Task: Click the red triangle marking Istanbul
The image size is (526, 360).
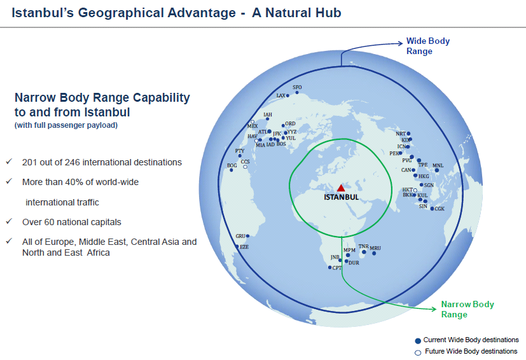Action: pyautogui.click(x=341, y=188)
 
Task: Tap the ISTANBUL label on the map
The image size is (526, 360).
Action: pyautogui.click(x=341, y=197)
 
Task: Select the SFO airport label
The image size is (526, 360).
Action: pyautogui.click(x=297, y=87)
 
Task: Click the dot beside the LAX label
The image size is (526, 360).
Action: pyautogui.click(x=287, y=95)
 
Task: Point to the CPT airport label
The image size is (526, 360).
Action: pyautogui.click(x=337, y=268)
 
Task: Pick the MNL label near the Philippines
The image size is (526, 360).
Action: pyautogui.click(x=438, y=165)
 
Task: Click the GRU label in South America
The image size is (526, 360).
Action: pyautogui.click(x=240, y=236)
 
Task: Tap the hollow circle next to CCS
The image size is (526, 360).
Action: pyautogui.click(x=246, y=167)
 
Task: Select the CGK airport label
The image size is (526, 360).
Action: pyautogui.click(x=439, y=209)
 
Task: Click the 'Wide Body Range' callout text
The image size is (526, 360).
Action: pyautogui.click(x=427, y=46)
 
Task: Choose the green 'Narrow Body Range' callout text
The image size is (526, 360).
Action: pyautogui.click(x=467, y=309)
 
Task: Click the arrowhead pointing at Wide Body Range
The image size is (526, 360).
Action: pyautogui.click(x=400, y=43)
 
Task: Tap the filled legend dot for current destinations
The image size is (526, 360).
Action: pyautogui.click(x=418, y=341)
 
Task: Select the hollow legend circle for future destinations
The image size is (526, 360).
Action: pyautogui.click(x=418, y=352)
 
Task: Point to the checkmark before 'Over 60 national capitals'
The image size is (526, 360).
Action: pyautogui.click(x=9, y=221)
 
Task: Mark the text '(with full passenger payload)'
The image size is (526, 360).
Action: pyautogui.click(x=66, y=125)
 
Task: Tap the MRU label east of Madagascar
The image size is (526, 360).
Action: pyautogui.click(x=375, y=248)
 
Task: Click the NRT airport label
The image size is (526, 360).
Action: pyautogui.click(x=401, y=134)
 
